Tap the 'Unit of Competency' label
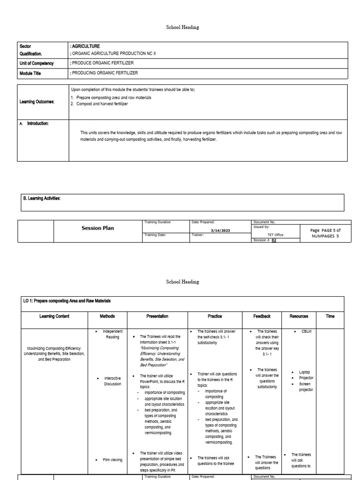click(x=37, y=63)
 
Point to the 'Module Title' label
click(x=30, y=73)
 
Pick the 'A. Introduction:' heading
click(x=36, y=123)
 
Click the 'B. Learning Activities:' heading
click(x=40, y=199)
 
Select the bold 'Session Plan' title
click(x=97, y=228)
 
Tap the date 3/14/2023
click(x=220, y=230)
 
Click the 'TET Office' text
click(x=275, y=234)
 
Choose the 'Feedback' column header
click(x=262, y=316)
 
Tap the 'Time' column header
click(x=330, y=316)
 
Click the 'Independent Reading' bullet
click(x=112, y=334)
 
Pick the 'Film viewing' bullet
click(x=112, y=460)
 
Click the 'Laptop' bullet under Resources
click(x=305, y=372)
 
